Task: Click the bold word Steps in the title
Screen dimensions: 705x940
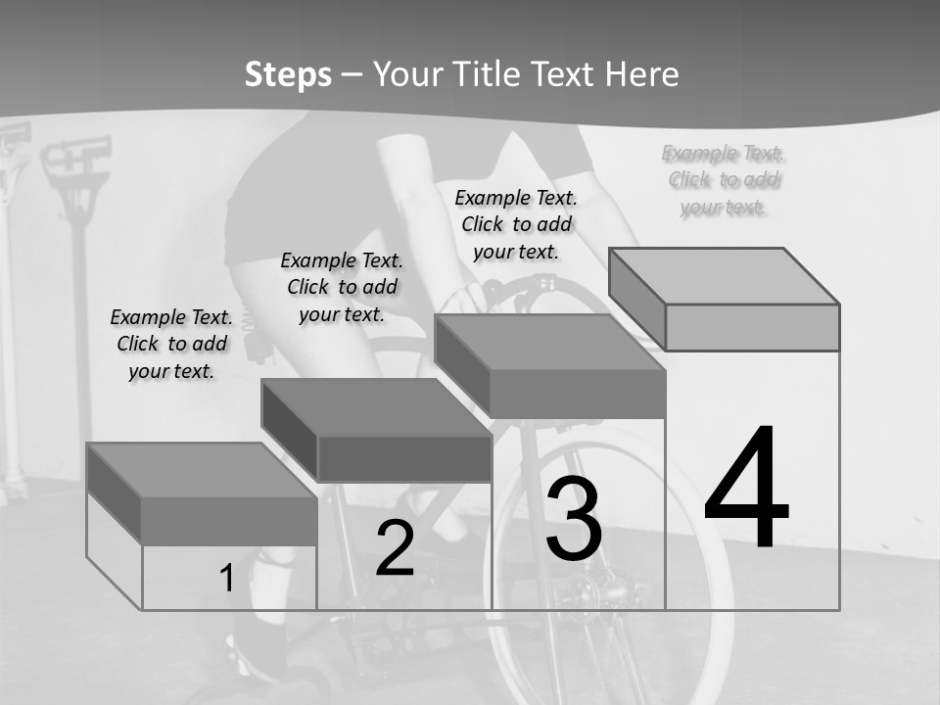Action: pyautogui.click(x=288, y=74)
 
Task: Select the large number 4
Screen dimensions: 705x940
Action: pyautogui.click(x=746, y=487)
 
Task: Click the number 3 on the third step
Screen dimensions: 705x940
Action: pyautogui.click(x=574, y=519)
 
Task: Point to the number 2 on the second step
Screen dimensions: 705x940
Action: pyautogui.click(x=396, y=548)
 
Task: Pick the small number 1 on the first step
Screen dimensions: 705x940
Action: pyautogui.click(x=227, y=579)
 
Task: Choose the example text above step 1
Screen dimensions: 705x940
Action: pyautogui.click(x=171, y=344)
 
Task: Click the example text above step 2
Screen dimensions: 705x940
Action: pyautogui.click(x=342, y=287)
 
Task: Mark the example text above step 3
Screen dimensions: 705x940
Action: pyautogui.click(x=516, y=224)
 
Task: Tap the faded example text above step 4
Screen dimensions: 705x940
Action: pyautogui.click(x=723, y=179)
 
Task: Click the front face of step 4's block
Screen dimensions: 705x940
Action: pyautogui.click(x=752, y=327)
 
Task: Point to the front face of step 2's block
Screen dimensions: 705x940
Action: pyautogui.click(x=404, y=458)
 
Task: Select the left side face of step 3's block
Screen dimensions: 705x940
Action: pyautogui.click(x=462, y=363)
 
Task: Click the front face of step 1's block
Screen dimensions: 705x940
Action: pyautogui.click(x=229, y=520)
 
